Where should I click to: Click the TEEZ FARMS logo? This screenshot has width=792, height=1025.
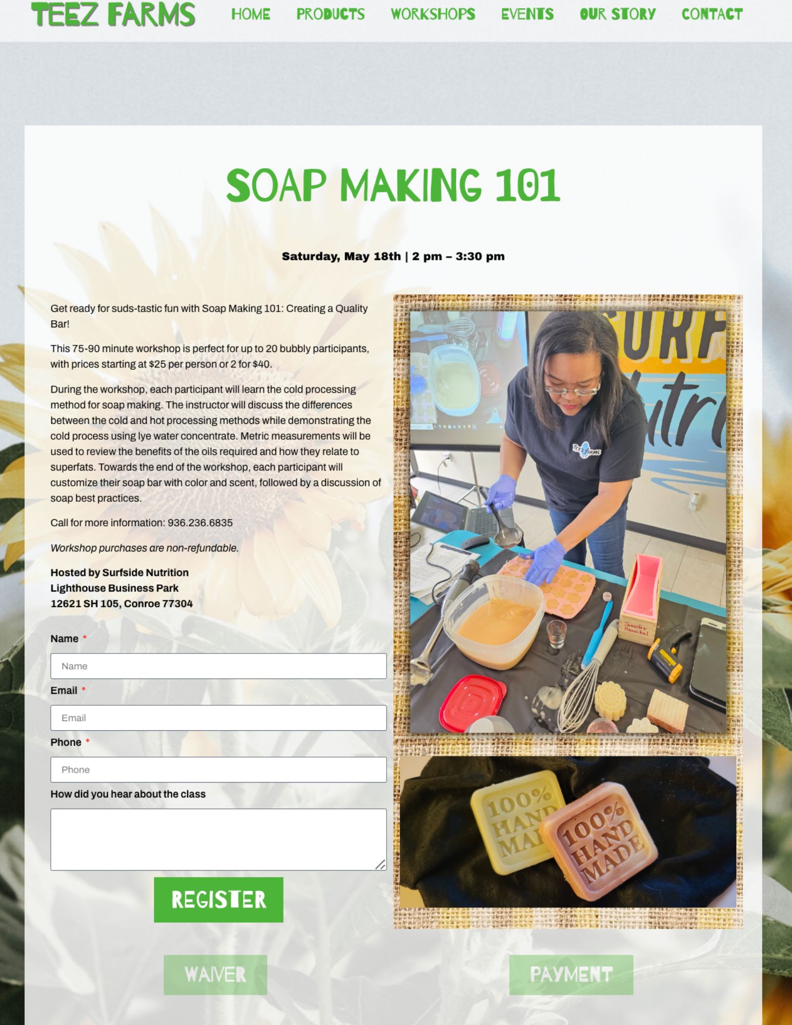(113, 14)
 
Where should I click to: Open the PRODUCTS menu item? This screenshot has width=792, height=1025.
(331, 14)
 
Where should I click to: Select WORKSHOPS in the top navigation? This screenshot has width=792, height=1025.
(433, 14)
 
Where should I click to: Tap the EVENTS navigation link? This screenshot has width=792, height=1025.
(527, 14)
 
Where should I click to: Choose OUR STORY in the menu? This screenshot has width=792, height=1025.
(618, 14)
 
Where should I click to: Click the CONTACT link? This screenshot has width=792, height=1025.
(712, 14)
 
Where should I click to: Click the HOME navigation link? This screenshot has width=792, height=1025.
(251, 14)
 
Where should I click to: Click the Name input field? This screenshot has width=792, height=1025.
(218, 666)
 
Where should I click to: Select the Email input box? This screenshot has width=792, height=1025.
(218, 718)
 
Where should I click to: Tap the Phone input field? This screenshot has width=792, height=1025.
(218, 770)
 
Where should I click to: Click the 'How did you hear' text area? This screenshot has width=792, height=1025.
(218, 839)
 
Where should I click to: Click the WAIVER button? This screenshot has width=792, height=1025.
(215, 975)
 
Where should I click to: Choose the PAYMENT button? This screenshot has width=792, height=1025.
(571, 975)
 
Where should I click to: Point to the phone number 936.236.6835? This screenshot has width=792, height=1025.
(200, 523)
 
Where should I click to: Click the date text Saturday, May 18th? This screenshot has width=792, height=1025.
(341, 256)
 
